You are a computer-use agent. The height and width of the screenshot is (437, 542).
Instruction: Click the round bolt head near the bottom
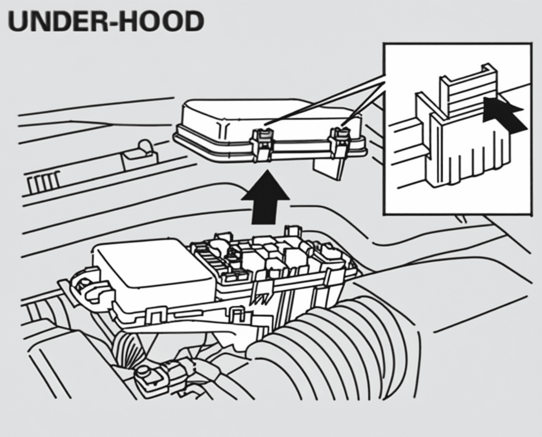(143, 373)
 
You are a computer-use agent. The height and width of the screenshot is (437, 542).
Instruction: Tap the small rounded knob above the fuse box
(144, 147)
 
